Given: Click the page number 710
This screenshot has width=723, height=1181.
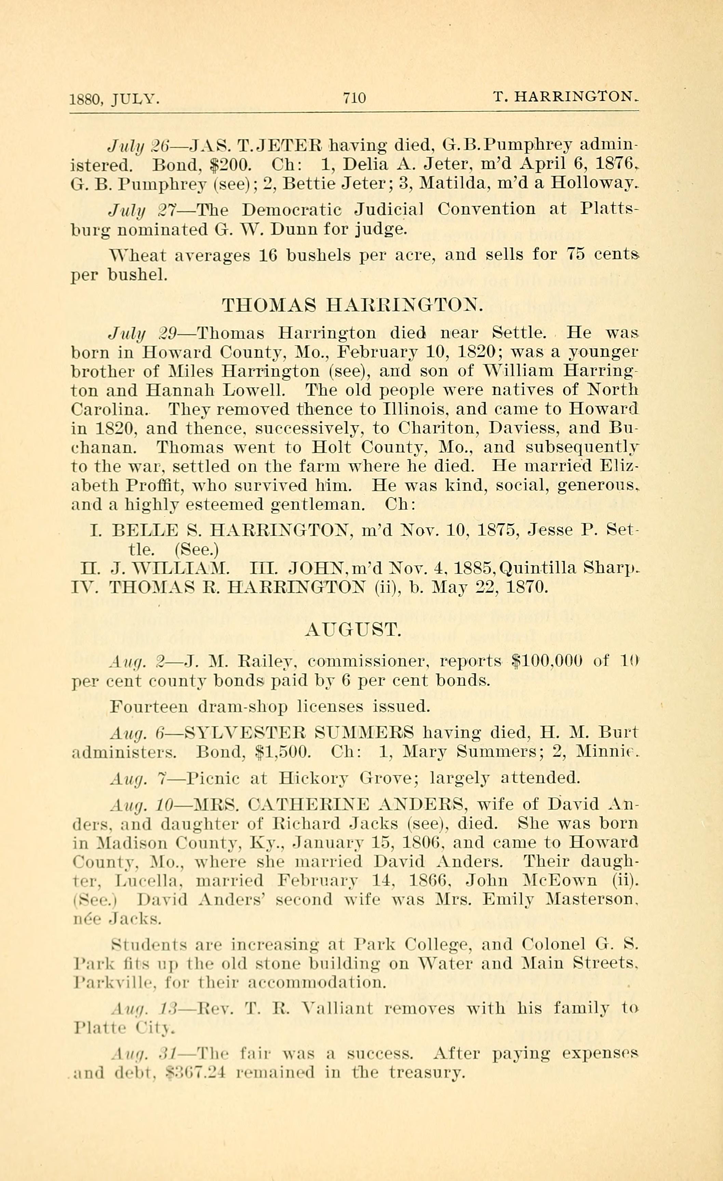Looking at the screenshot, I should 354,98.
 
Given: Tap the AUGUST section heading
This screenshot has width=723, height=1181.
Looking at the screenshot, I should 352,630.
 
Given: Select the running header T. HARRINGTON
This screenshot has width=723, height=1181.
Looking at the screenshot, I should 565,97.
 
